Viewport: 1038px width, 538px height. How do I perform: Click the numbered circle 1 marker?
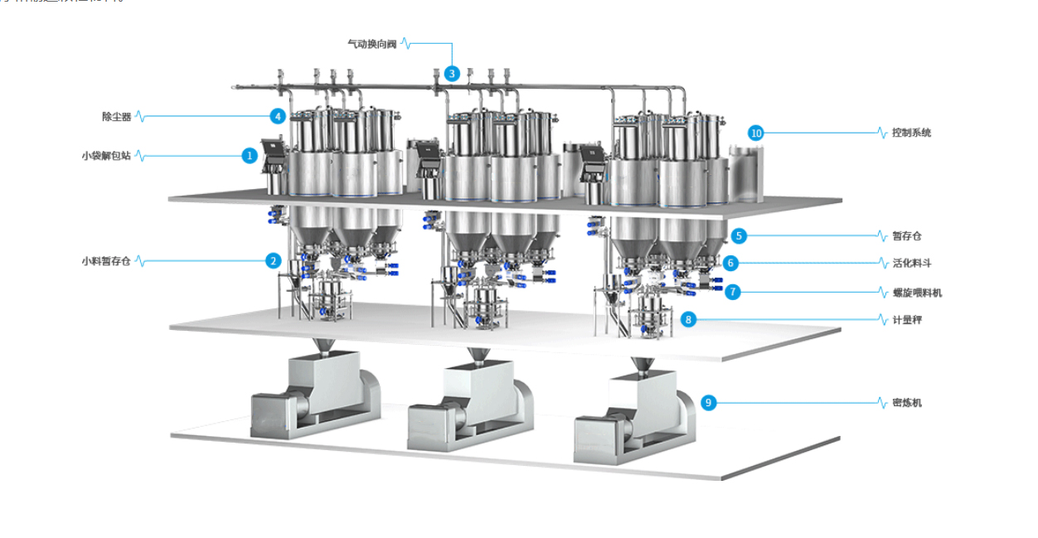pyautogui.click(x=250, y=155)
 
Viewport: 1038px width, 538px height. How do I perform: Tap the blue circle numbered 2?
pyautogui.click(x=274, y=260)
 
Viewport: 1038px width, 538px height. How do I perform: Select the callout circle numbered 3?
pyautogui.click(x=451, y=73)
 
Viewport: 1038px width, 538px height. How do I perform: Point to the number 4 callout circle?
pyautogui.click(x=279, y=117)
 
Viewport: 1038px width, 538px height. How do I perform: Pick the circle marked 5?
pyautogui.click(x=740, y=235)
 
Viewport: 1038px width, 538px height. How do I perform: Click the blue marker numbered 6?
pyautogui.click(x=730, y=263)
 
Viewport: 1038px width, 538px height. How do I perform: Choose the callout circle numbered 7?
pyautogui.click(x=732, y=292)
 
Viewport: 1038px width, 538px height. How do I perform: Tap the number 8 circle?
pyautogui.click(x=687, y=318)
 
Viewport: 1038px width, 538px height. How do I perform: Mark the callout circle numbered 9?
pyautogui.click(x=708, y=403)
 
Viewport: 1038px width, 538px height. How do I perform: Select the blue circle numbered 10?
pyautogui.click(x=755, y=133)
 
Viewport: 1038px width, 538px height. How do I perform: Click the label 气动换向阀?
pyautogui.click(x=371, y=43)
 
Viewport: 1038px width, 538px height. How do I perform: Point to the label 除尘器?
pyautogui.click(x=117, y=117)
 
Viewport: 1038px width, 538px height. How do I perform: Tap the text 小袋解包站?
pyautogui.click(x=106, y=155)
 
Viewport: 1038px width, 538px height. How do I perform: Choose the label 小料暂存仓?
pyautogui.click(x=106, y=261)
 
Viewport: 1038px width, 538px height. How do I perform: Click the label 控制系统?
pyautogui.click(x=911, y=133)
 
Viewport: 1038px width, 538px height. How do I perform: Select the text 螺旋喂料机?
pyautogui.click(x=917, y=293)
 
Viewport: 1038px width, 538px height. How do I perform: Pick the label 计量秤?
pyautogui.click(x=907, y=319)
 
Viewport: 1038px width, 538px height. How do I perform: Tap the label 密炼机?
pyautogui.click(x=907, y=403)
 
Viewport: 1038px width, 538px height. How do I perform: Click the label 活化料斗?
pyautogui.click(x=911, y=263)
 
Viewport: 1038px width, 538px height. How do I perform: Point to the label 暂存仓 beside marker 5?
pyautogui.click(x=907, y=236)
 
